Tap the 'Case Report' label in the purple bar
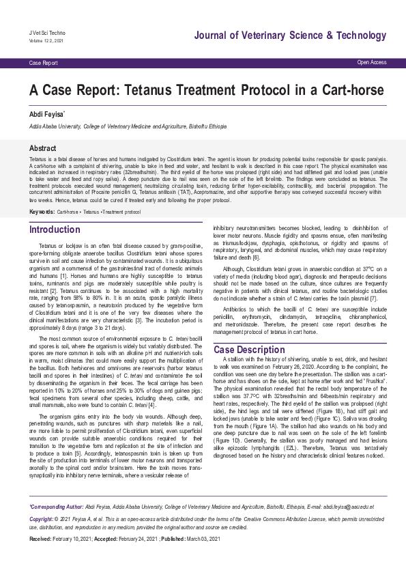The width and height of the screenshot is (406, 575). coord(43,63)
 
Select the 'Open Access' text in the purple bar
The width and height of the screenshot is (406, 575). coord(371,62)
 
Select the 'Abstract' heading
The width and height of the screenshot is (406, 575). coord(42,148)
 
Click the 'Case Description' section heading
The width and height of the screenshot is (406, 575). coord(249,350)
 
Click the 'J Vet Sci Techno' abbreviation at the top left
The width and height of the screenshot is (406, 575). coord(46,33)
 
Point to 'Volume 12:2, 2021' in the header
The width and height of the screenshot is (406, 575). coord(45,40)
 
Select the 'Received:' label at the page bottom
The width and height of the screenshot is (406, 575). coord(42,539)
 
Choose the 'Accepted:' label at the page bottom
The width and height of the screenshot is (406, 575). coord(106,539)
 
